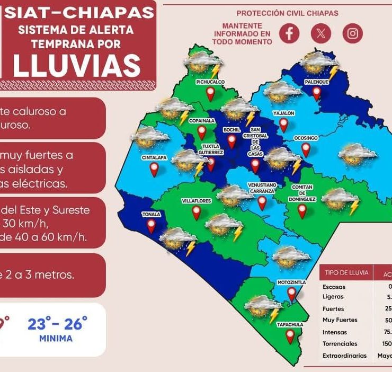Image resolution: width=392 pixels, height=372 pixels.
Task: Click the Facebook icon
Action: [x=289, y=33]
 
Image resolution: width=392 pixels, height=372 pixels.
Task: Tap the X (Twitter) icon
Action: [x=320, y=33]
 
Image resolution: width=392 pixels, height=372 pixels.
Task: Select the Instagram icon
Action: [x=352, y=33]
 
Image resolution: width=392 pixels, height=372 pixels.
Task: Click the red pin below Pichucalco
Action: [x=210, y=94]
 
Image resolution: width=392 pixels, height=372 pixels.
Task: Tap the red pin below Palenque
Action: [x=317, y=93]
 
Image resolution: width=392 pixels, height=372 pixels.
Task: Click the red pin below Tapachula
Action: [x=290, y=336]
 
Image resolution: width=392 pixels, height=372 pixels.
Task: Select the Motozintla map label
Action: [x=291, y=282]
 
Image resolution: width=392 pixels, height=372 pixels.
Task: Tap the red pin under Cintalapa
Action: [x=154, y=170]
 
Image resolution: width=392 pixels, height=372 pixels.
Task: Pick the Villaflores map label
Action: [x=197, y=201]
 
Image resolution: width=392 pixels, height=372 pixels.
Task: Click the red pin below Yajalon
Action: [x=284, y=125]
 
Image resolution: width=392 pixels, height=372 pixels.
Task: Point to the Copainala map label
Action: [x=201, y=121]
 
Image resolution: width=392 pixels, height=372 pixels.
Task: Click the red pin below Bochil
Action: [x=231, y=141]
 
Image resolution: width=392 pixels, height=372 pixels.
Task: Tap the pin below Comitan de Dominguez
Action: [x=302, y=211]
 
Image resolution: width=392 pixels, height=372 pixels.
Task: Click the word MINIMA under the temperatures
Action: [x=56, y=338]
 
